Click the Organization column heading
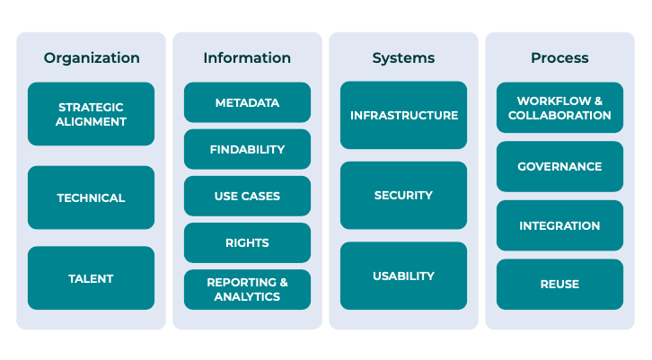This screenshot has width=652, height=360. pos(92,58)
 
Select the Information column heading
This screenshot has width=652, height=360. pos(247,58)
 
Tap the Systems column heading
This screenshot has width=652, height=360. pos(403,58)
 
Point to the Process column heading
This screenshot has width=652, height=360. pos(559,58)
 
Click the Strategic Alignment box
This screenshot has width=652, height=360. pos(92,114)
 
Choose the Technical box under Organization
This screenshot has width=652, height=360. pos(92,198)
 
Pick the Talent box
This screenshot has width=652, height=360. pos(92,278)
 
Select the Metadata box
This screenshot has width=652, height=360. pos(247,102)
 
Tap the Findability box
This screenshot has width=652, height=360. pos(247,149)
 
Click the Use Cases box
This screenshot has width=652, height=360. pos(247,196)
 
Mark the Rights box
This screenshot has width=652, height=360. pos(247,242)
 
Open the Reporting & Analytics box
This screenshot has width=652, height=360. pos(247,289)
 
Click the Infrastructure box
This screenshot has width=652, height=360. pos(403,115)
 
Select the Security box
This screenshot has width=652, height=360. pos(403,195)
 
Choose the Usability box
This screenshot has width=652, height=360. pos(403,276)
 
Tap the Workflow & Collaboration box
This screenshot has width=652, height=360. pos(559,108)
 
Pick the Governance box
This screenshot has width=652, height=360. pos(559,166)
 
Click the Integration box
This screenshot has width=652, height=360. pos(559,225)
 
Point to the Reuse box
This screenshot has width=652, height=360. pos(559,284)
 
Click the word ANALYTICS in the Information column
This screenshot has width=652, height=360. pos(247,296)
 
